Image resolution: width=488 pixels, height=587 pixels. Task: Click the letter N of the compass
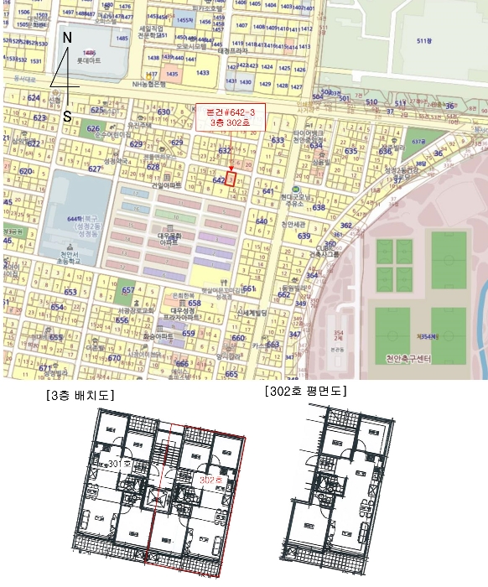coord(68,39)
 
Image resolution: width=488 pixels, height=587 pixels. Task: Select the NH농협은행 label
coord(143,84)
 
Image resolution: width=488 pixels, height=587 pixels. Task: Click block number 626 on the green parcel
coord(92,128)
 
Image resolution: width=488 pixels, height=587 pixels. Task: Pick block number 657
coord(128,290)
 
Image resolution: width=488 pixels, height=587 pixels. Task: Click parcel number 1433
coord(202,73)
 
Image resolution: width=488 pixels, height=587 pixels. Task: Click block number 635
coord(350,151)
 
